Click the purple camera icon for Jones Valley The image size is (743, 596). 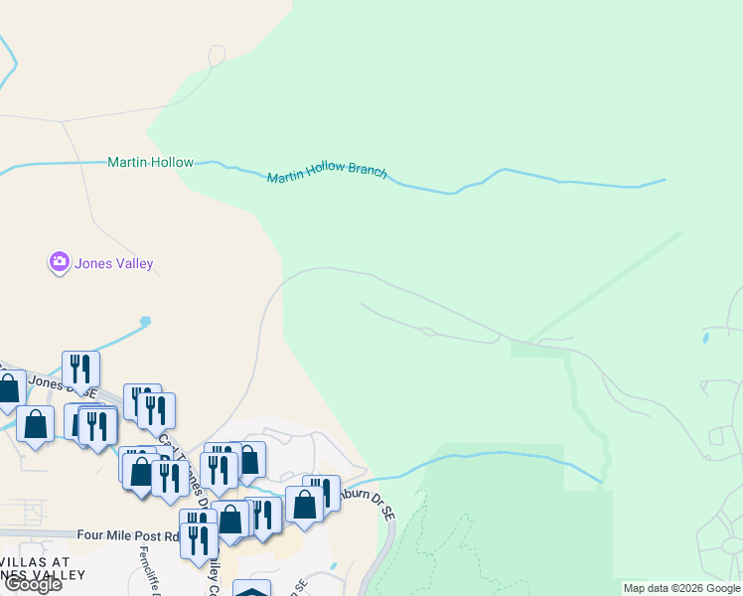[59, 262]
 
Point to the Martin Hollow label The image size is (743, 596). [150, 162]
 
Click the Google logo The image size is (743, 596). [32, 584]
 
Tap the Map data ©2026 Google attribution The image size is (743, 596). [681, 588]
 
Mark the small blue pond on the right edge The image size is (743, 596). [705, 338]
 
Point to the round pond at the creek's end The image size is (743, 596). [146, 321]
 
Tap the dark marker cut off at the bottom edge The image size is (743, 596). [252, 589]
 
